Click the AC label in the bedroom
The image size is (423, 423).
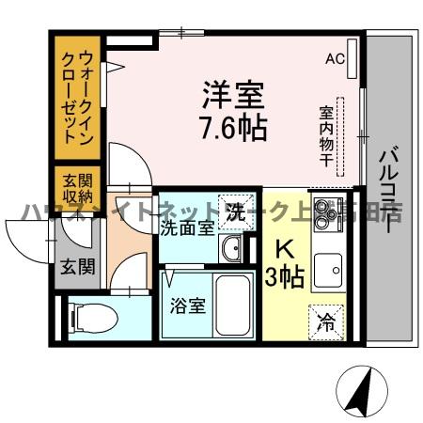[335, 58]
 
